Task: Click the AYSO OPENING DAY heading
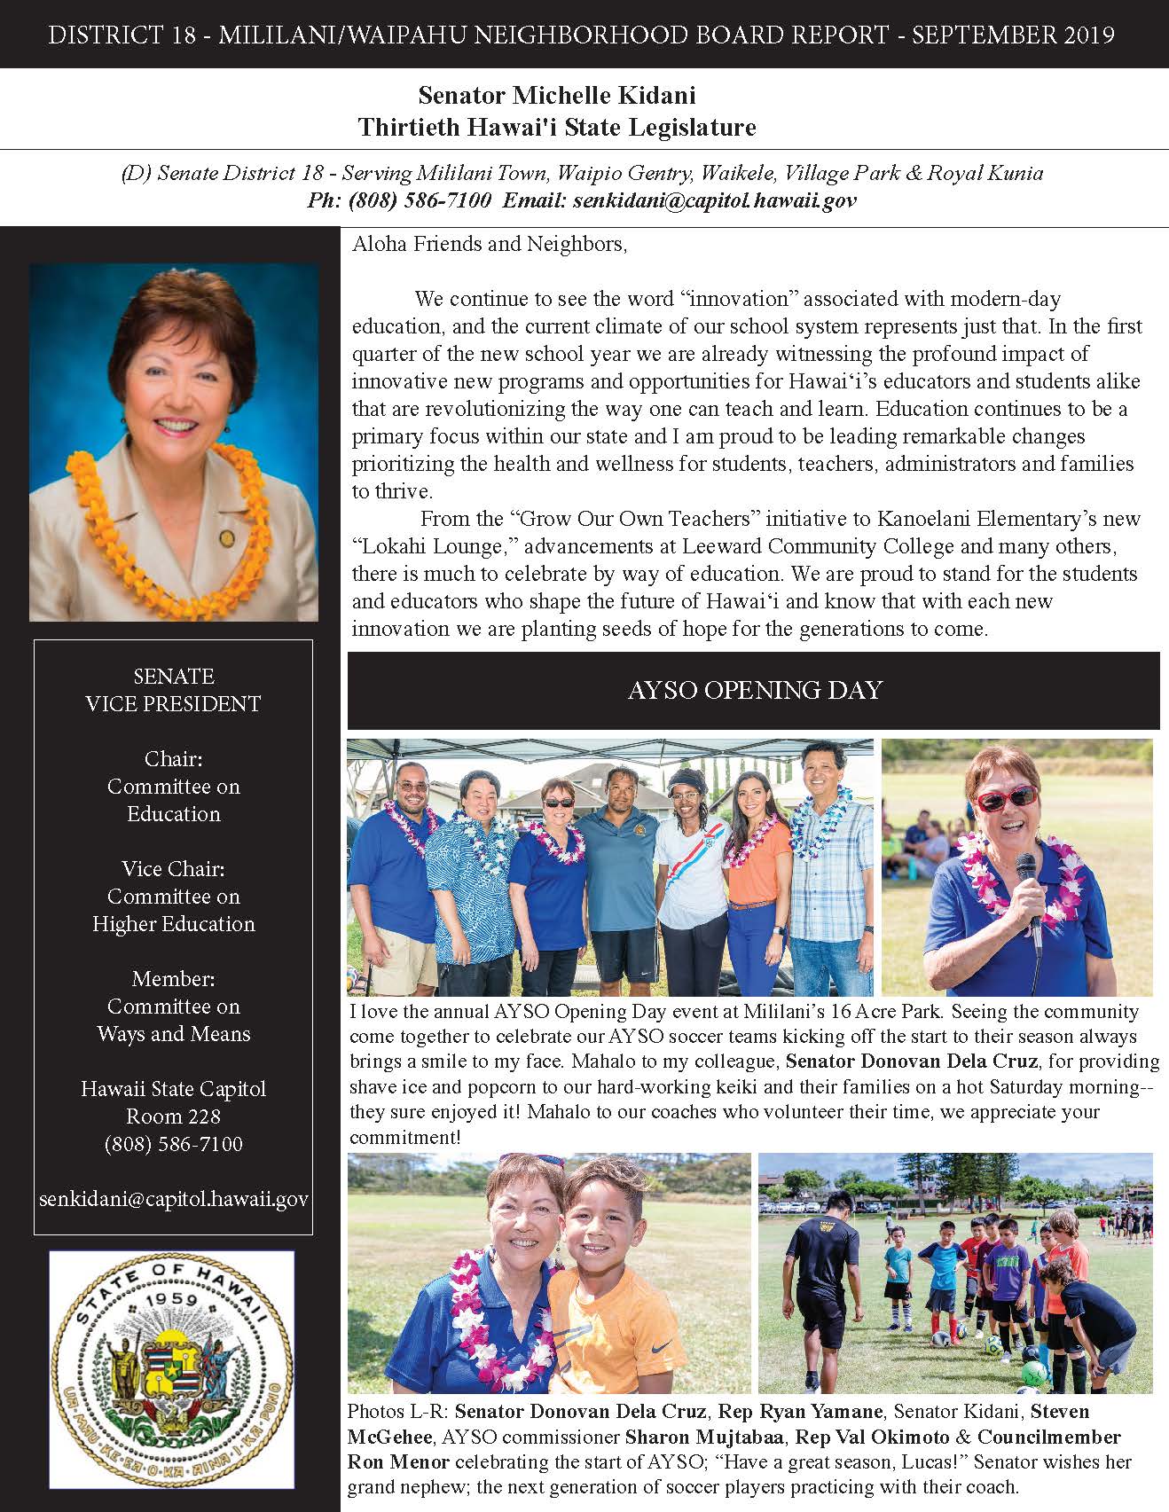click(x=754, y=690)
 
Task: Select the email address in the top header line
click(x=714, y=200)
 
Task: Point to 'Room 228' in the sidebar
click(x=173, y=1116)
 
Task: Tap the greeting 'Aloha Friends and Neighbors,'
click(x=490, y=244)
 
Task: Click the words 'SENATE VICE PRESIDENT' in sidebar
click(x=173, y=690)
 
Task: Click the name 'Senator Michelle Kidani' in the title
click(x=557, y=95)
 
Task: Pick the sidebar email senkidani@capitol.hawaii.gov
click(x=173, y=1199)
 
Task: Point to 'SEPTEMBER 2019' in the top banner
click(x=1013, y=35)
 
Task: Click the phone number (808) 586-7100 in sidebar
click(x=173, y=1144)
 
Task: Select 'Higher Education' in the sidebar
click(x=173, y=924)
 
